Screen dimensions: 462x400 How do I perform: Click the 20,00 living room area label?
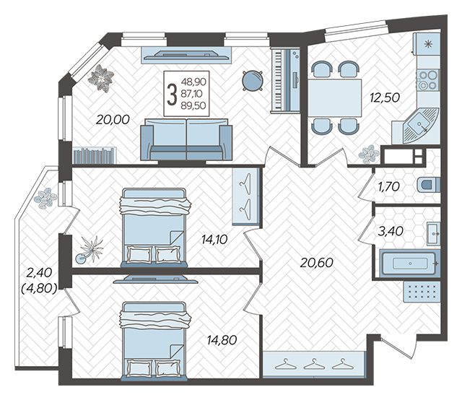pyautogui.click(x=113, y=120)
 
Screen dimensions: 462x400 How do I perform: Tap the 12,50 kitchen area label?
pyautogui.click(x=385, y=97)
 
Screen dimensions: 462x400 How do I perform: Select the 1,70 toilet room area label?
pyautogui.click(x=389, y=186)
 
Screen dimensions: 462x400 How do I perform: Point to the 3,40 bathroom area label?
pyautogui.click(x=391, y=231)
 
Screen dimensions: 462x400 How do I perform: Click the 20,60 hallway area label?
pyautogui.click(x=316, y=262)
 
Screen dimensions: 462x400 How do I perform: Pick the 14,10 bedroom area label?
pyautogui.click(x=214, y=240)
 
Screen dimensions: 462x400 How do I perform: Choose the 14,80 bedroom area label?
pyautogui.click(x=222, y=340)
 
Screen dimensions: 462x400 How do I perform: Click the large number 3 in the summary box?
pyautogui.click(x=172, y=95)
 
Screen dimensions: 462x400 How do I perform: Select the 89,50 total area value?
pyautogui.click(x=193, y=105)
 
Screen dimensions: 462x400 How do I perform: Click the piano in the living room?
pyautogui.click(x=285, y=80)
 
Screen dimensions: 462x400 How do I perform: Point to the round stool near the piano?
pyautogui.click(x=252, y=80)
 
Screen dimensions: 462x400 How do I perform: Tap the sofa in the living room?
pyautogui.click(x=186, y=139)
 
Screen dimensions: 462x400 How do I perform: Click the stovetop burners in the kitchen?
pyautogui.click(x=428, y=80)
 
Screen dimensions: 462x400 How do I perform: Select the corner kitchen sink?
pyautogui.click(x=421, y=126)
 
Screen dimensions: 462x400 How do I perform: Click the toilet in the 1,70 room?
pyautogui.click(x=429, y=185)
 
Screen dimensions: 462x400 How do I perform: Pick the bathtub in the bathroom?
pyautogui.click(x=409, y=264)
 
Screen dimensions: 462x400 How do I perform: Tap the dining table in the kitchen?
pyautogui.click(x=335, y=98)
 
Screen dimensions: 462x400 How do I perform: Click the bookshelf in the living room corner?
pyautogui.click(x=95, y=155)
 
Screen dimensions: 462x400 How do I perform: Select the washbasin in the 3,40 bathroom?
pyautogui.click(x=433, y=234)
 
